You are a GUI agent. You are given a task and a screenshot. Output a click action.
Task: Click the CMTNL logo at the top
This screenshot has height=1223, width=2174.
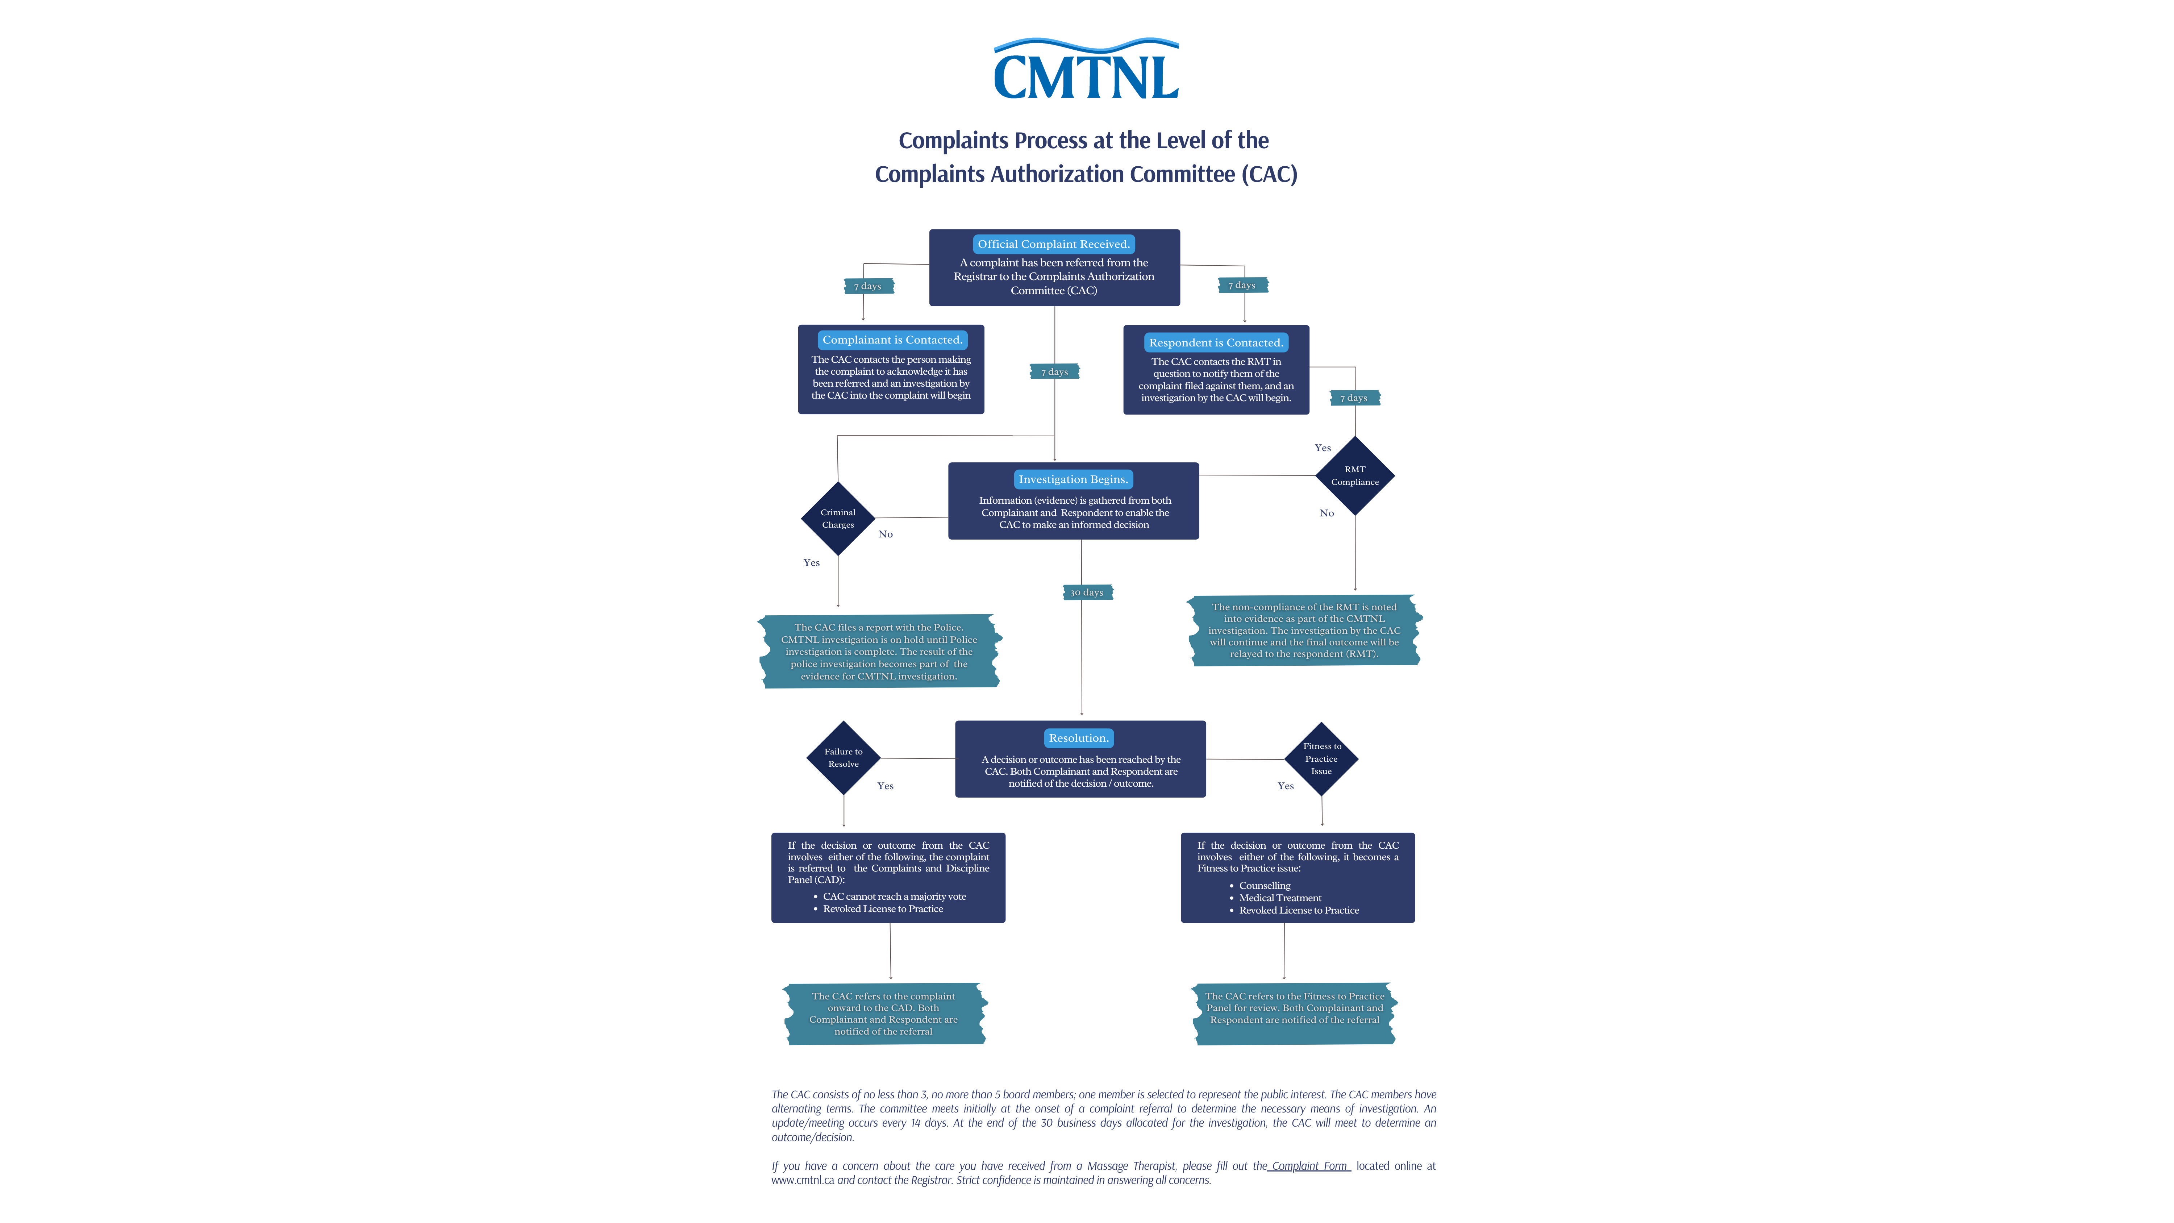[1086, 70]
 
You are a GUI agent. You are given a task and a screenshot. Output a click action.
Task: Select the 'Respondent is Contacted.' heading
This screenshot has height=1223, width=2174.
[1215, 343]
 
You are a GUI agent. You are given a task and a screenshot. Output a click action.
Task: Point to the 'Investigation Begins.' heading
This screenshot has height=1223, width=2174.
[1073, 479]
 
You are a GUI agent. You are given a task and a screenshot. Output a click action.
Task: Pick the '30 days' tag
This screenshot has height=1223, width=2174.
[1087, 592]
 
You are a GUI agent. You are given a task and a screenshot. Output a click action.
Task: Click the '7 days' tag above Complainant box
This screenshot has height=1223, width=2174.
[867, 286]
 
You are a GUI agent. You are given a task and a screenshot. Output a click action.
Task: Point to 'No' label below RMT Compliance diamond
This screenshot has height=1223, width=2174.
[1327, 513]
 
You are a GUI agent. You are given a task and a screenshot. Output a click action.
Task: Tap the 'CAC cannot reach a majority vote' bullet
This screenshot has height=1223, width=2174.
[895, 897]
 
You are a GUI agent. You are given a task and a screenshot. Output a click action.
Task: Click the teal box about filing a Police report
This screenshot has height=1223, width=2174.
[879, 652]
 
